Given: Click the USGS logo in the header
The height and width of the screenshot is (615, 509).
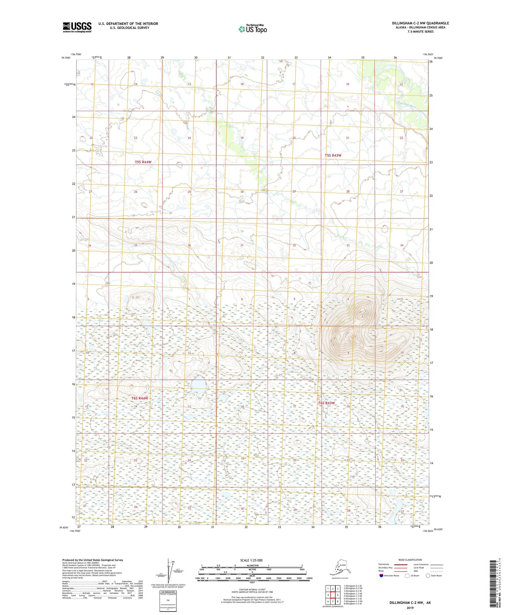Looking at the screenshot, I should pyautogui.click(x=77, y=27).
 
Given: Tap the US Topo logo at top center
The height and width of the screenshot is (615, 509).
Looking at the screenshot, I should pyautogui.click(x=252, y=29).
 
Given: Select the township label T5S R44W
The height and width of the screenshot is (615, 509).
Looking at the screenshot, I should pyautogui.click(x=143, y=162).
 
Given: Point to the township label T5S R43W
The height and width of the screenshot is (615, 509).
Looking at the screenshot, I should pyautogui.click(x=333, y=155).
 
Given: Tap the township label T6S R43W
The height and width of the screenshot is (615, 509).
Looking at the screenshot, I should pyautogui.click(x=326, y=403).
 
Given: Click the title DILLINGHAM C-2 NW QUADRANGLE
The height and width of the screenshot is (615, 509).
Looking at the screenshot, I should pyautogui.click(x=420, y=23).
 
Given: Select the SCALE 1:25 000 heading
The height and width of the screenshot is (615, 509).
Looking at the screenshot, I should pyautogui.click(x=251, y=560).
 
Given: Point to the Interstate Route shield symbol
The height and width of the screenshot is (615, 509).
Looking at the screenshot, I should pyautogui.click(x=381, y=576).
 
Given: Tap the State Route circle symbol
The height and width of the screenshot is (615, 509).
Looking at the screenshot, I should pyautogui.click(x=428, y=576).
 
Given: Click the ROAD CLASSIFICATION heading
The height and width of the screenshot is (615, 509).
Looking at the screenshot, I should pyautogui.click(x=410, y=560).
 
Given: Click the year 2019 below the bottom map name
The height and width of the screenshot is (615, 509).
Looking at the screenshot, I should pyautogui.click(x=410, y=608).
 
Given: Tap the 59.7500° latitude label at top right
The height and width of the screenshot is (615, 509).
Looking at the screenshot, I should pyautogui.click(x=438, y=58).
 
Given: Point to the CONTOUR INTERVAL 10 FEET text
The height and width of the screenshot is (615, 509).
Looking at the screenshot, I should pyautogui.click(x=252, y=589).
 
